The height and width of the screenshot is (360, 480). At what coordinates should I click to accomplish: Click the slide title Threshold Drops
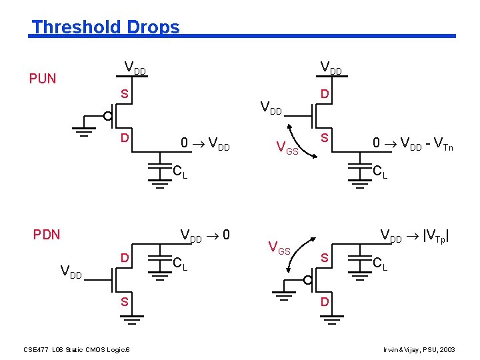tap(105, 27)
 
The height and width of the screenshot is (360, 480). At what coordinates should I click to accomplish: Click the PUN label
tap(43, 79)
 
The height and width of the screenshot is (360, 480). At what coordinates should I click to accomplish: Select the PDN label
tap(47, 235)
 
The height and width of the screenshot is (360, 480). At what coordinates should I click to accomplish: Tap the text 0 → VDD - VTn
tap(413, 144)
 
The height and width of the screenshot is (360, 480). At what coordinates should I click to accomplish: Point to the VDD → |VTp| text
tap(414, 236)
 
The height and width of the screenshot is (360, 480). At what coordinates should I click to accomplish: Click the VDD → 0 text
tap(206, 235)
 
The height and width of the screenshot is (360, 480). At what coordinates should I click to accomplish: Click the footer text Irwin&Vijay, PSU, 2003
tap(419, 349)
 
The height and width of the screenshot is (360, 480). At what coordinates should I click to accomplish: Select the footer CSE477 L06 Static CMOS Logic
tap(77, 349)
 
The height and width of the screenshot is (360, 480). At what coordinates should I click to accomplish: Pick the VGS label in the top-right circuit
tap(288, 150)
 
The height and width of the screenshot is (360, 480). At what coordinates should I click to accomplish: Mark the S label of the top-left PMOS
tap(124, 95)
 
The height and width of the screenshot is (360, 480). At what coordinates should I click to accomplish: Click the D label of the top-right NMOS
tap(324, 95)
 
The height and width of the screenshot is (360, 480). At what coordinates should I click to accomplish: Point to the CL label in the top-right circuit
tap(380, 173)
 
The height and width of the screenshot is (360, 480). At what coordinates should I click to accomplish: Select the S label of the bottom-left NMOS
tap(124, 303)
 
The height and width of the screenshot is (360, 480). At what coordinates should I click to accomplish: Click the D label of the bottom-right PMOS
tap(325, 303)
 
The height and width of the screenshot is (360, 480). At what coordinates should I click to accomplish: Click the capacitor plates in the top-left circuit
tap(159, 167)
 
